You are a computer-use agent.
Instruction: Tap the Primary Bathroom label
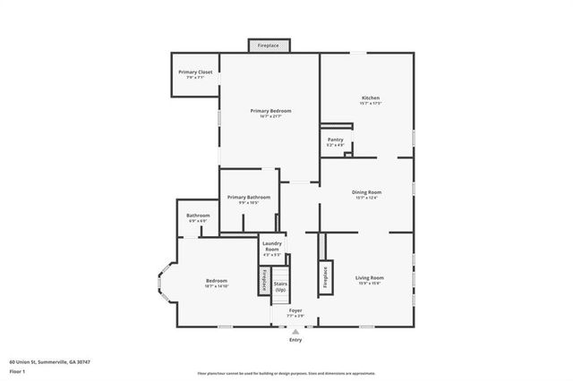[x=248, y=199]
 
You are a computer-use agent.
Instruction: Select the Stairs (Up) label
[x=280, y=287]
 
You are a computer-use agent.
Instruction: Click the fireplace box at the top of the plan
[x=269, y=46]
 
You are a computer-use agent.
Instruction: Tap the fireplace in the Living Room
[x=325, y=276]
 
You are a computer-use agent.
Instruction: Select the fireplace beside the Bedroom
[x=265, y=281]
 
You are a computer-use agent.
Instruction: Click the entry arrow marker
[x=295, y=330]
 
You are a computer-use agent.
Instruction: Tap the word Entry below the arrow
[x=295, y=340]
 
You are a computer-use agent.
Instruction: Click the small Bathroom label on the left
[x=198, y=216]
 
